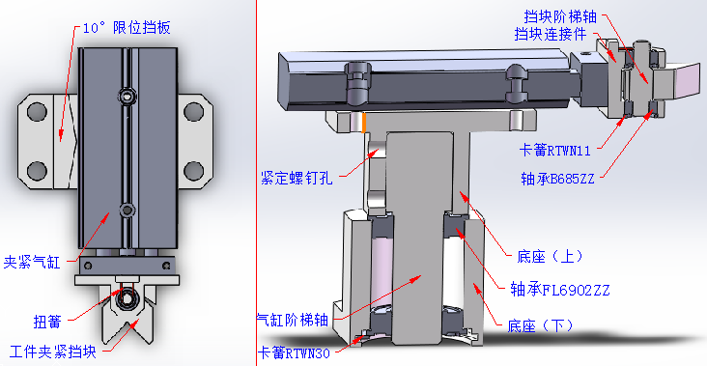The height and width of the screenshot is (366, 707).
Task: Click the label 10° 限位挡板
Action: (x=127, y=28)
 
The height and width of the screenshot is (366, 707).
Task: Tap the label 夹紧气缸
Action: (x=32, y=262)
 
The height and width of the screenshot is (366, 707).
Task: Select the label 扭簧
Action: (x=47, y=322)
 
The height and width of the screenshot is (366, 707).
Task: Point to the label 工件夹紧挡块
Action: (x=53, y=352)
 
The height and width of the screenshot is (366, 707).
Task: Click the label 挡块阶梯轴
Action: (x=560, y=16)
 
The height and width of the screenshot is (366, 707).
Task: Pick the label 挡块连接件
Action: (x=551, y=34)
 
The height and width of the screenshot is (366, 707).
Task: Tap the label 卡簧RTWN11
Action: (x=554, y=151)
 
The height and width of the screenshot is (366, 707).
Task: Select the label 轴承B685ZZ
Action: (x=557, y=179)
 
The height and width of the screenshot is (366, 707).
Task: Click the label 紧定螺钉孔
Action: (x=297, y=178)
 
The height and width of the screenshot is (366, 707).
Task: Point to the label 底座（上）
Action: (x=550, y=257)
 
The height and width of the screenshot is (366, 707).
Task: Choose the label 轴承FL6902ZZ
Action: (x=559, y=289)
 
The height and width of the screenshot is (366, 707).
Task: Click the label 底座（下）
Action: (x=540, y=325)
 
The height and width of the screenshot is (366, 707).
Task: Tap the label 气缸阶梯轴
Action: (x=292, y=321)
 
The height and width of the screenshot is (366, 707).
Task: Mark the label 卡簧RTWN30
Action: (x=295, y=352)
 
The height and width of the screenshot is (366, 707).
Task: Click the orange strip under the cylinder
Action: (x=363, y=123)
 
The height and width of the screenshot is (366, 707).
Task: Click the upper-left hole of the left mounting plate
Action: (x=37, y=112)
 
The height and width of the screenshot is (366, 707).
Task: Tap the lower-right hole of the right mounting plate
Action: (x=194, y=171)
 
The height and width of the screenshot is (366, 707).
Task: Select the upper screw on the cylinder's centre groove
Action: (x=127, y=95)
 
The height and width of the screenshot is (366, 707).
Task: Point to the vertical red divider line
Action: (x=256, y=183)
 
